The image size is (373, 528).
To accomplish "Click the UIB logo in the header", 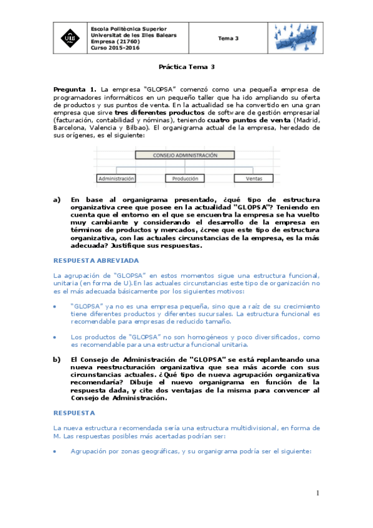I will coord(67,38).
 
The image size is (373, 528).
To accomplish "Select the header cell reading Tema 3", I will coord(229,39).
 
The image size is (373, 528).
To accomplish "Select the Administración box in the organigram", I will coord(116,178).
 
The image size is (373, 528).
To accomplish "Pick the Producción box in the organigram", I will coord(184,178).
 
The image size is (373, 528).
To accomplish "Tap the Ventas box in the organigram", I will coord(253,178).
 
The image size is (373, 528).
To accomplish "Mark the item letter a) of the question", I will coord(57,199).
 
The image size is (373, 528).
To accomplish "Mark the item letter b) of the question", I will coord(57,359).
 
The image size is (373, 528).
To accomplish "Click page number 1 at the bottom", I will coord(316,493).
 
